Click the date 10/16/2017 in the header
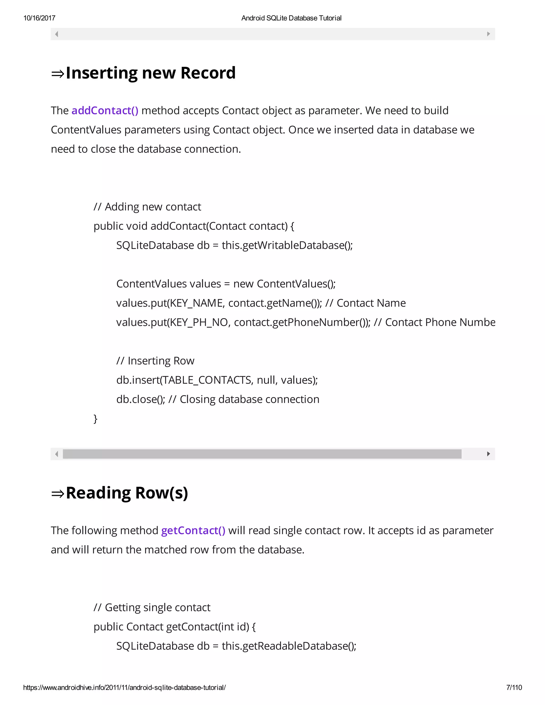click(x=39, y=18)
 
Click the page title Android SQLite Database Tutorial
click(x=291, y=18)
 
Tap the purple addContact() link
click(x=105, y=111)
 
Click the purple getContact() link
click(x=193, y=531)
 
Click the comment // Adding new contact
click(x=147, y=207)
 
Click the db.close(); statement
click(x=141, y=400)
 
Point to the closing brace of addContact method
click(x=96, y=419)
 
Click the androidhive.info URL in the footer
click(x=124, y=687)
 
